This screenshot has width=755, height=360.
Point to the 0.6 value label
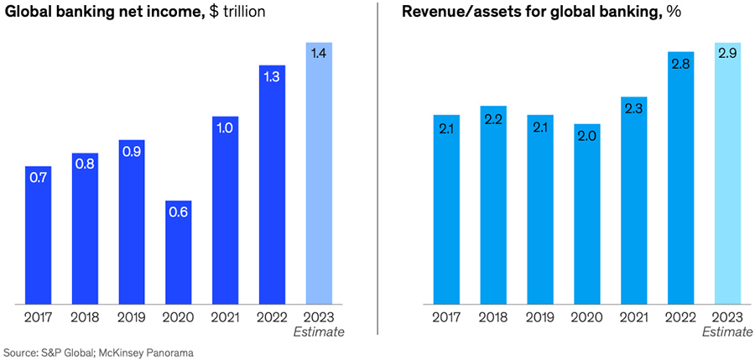click(179, 212)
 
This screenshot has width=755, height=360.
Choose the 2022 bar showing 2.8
click(680, 177)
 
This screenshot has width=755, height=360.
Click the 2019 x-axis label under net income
click(132, 317)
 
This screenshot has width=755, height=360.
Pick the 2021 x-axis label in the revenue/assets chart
click(633, 317)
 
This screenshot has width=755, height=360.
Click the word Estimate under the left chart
click(320, 332)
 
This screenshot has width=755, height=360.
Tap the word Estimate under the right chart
click(726, 332)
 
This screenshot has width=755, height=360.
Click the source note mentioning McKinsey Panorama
click(99, 352)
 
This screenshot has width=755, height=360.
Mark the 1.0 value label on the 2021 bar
click(226, 129)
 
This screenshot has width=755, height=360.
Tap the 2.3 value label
click(633, 109)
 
